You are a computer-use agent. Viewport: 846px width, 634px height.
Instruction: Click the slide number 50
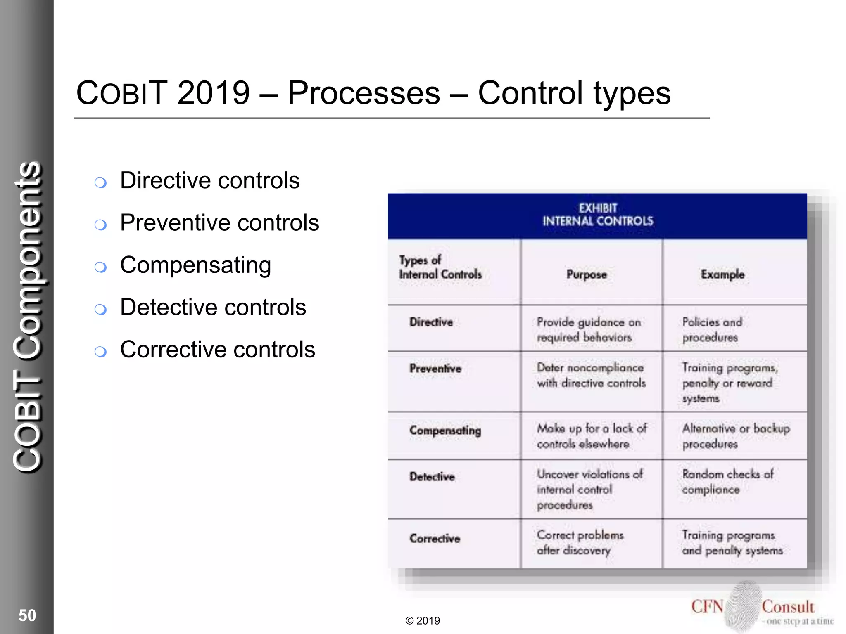point(27,615)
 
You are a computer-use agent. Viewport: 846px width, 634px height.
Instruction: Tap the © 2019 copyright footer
point(423,620)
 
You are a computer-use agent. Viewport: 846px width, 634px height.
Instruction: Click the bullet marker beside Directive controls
point(100,182)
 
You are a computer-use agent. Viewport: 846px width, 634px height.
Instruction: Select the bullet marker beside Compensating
point(100,267)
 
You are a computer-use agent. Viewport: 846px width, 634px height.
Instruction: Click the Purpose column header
point(587,274)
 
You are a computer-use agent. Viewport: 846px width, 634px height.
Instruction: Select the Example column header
point(722,274)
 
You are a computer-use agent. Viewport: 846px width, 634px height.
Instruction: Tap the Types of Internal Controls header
point(440,267)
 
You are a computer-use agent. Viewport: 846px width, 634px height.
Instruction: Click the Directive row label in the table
point(431,322)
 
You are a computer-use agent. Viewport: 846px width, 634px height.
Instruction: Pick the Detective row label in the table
point(432,477)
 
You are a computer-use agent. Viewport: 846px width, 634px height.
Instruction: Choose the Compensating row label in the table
point(445,431)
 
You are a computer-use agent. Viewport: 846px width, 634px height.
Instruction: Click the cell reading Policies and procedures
point(712,329)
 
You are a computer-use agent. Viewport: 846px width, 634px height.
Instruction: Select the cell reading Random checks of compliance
point(727,482)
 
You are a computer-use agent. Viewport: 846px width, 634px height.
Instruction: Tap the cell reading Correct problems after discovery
point(580,542)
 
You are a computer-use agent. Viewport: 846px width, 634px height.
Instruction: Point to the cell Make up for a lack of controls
point(591,436)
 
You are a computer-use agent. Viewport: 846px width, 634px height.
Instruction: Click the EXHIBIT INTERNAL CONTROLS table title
point(598,215)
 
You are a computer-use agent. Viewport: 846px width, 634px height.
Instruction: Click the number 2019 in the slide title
point(214,93)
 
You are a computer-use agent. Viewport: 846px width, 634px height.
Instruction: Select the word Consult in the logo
point(788,607)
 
